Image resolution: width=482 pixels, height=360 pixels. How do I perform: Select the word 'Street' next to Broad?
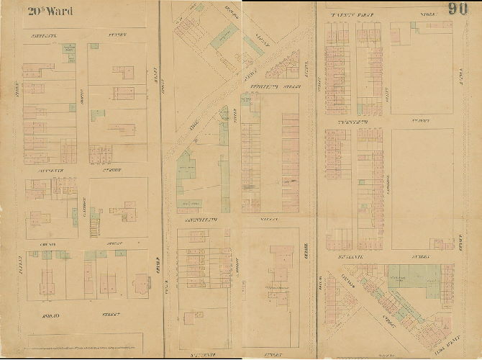(110, 315)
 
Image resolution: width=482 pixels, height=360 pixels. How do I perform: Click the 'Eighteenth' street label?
(263, 86)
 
